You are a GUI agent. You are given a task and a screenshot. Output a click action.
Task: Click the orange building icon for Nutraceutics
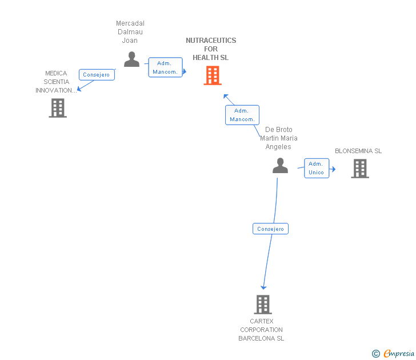tap(213, 75)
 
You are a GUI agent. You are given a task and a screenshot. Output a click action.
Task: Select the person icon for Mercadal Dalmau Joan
tap(131, 59)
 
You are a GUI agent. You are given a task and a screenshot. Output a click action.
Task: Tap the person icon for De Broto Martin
tap(280, 166)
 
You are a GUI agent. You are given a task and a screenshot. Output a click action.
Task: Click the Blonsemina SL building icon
tap(360, 169)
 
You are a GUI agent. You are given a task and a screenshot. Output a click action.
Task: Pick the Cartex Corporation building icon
tap(263, 305)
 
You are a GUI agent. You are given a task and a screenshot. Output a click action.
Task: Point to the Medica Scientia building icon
tap(58, 108)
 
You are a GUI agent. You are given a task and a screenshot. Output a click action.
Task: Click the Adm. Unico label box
tap(317, 168)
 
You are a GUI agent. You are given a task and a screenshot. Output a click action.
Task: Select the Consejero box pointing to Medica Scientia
tap(97, 74)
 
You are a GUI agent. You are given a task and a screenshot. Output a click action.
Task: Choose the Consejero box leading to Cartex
tap(270, 229)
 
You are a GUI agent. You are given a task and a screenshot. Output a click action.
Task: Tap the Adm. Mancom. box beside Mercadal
tap(165, 67)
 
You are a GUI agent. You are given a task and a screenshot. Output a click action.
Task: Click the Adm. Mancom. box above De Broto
tap(242, 115)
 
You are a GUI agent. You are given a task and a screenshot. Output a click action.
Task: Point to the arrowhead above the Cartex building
tap(263, 287)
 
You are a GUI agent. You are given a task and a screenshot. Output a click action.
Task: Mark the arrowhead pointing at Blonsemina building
tap(334, 169)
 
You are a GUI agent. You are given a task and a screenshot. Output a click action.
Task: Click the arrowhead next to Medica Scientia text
tap(79, 89)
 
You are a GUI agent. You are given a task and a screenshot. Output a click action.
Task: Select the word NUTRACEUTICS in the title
tap(211, 41)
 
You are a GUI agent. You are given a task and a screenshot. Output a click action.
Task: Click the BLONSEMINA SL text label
tap(358, 151)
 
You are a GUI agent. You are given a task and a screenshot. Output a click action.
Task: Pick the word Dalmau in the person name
tap(130, 32)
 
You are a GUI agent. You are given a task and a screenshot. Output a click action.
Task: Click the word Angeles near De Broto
tap(278, 147)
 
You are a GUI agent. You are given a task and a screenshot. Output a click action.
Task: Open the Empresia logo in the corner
tap(393, 354)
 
